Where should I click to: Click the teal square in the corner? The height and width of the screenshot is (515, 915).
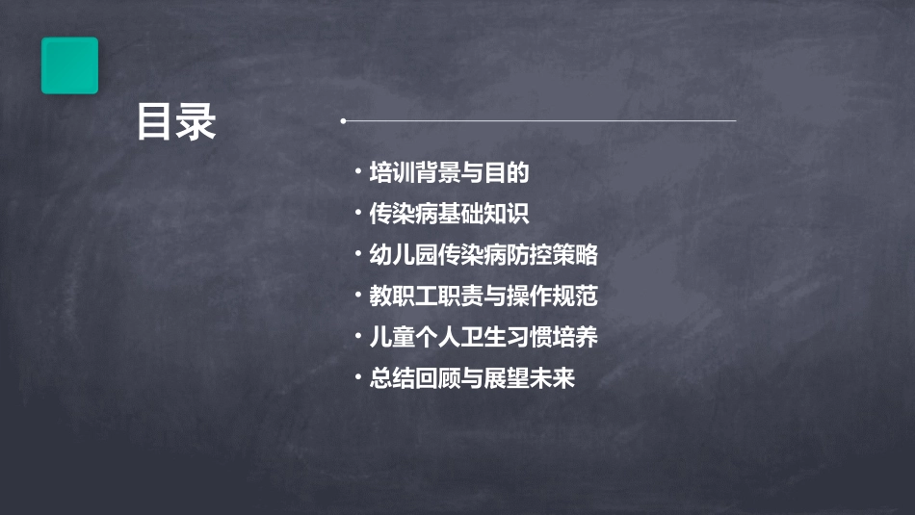coord(69,65)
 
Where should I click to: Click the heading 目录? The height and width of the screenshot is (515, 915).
coord(176,122)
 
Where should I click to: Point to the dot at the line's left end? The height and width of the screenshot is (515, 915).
coord(343,121)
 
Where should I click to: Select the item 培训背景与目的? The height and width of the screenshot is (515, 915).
coord(450,173)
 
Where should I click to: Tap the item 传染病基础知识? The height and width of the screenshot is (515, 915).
coord(450,214)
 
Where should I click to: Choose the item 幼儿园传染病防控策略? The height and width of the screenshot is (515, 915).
coord(484,255)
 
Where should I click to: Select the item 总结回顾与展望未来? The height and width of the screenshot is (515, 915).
coord(472,378)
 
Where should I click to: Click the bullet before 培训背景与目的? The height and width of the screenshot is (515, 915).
coord(357,173)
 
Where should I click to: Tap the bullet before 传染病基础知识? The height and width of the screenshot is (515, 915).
coord(357,214)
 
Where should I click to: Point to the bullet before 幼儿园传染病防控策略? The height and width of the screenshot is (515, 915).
coord(357,255)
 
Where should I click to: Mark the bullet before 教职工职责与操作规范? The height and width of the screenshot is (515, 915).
coord(357,296)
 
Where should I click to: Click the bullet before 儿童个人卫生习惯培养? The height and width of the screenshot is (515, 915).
coord(357,337)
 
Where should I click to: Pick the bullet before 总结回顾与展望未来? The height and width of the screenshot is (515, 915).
coord(357,378)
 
